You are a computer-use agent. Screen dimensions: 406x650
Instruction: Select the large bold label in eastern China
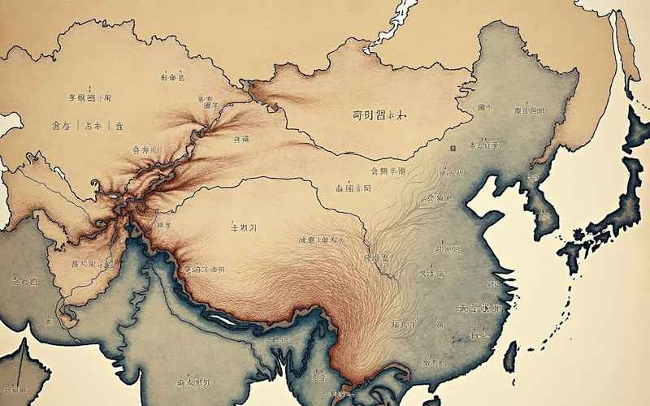pos(480,309)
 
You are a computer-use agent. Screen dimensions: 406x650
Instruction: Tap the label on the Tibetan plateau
pos(243,228)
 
